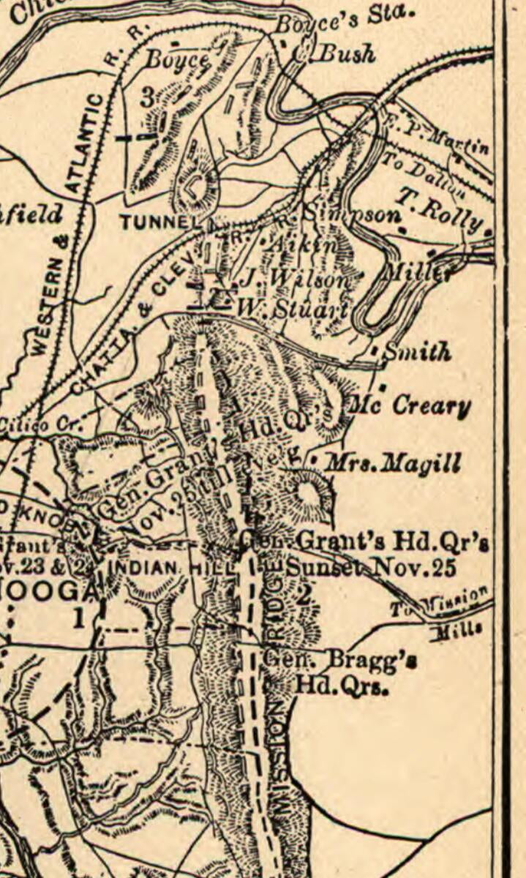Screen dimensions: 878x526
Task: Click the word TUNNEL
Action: (160, 222)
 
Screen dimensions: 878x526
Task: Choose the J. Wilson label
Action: (296, 279)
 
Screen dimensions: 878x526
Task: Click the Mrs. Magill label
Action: (392, 463)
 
